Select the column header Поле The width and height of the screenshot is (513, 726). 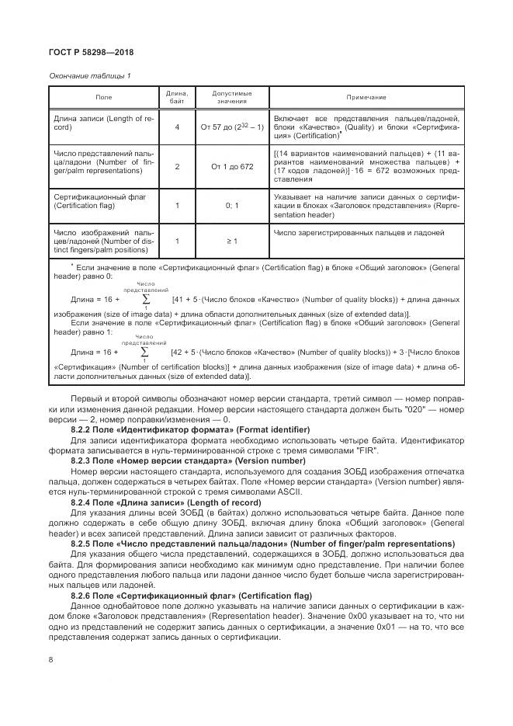[103, 97]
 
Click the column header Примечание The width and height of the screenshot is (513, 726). [366, 97]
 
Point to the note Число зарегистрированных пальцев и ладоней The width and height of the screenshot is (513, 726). [359, 233]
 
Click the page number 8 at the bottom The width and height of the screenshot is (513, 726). [50, 660]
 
